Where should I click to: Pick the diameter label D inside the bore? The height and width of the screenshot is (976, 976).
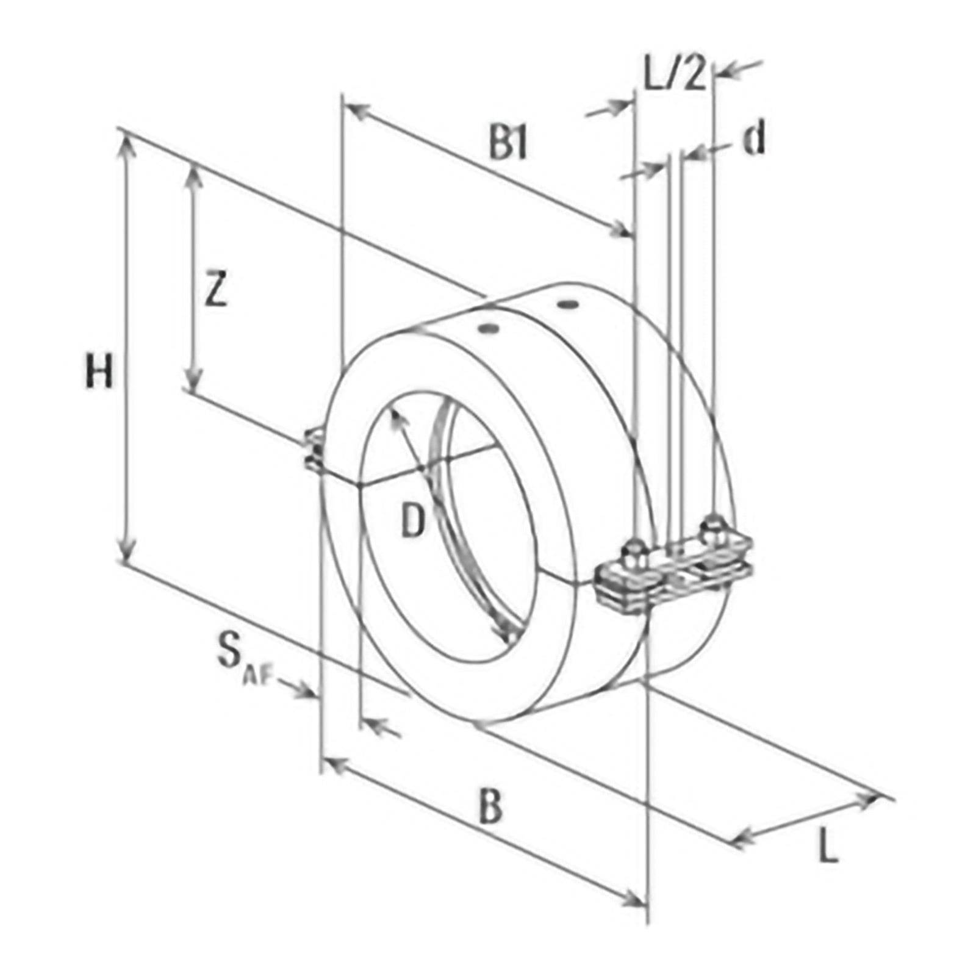click(413, 522)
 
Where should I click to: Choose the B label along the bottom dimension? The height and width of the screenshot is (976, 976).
click(490, 806)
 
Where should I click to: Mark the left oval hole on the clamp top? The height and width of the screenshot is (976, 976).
click(488, 329)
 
